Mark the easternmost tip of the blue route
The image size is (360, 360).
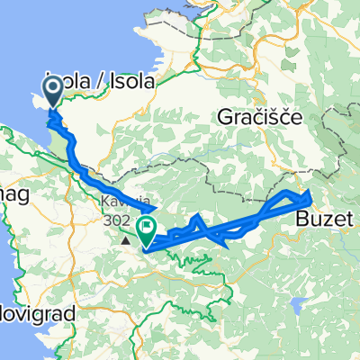coord(310,196)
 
